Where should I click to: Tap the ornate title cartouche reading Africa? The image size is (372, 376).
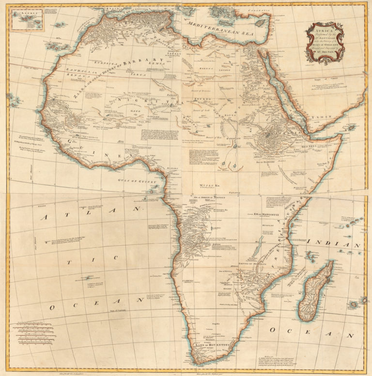[x=325, y=43]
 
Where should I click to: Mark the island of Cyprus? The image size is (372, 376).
[x=262, y=22]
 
